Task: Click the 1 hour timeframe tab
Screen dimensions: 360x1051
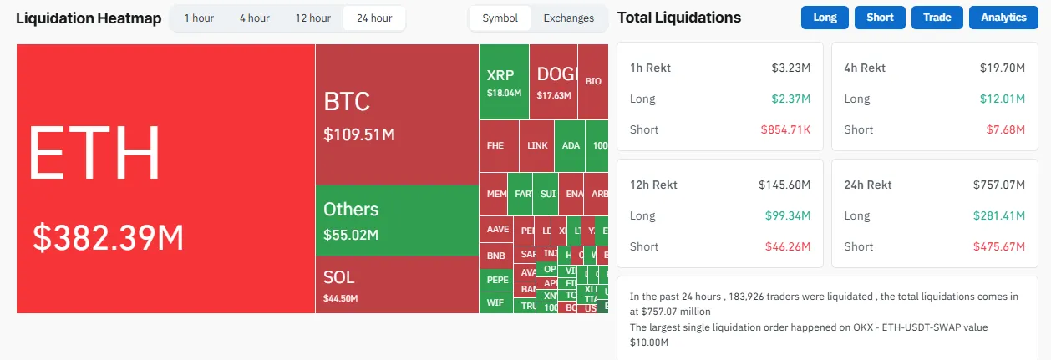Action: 199,18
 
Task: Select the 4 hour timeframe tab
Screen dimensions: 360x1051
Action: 254,18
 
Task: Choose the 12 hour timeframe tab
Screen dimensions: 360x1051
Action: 312,18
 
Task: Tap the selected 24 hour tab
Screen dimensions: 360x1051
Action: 374,18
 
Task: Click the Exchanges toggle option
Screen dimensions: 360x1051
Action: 568,18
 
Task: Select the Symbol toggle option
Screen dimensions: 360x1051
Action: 500,18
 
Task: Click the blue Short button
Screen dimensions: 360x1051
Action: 880,18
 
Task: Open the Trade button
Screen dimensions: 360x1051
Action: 937,18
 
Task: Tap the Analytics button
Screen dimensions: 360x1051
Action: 1003,18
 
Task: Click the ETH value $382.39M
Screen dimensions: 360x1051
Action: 108,238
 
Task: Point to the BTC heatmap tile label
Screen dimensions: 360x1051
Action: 347,102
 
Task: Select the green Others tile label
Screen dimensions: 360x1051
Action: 351,210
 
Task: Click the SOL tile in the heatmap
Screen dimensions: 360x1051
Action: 339,278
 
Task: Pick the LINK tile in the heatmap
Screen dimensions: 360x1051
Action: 538,145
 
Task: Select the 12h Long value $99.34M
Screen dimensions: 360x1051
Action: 788,215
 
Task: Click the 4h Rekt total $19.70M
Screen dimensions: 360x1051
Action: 1003,68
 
